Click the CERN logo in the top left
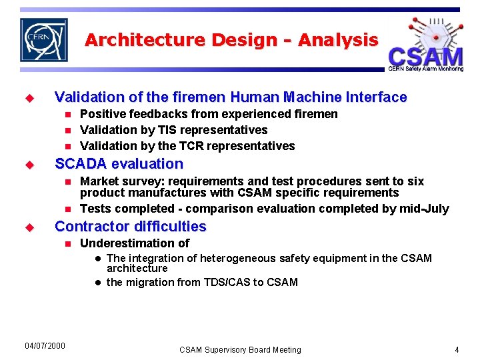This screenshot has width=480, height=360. point(43,40)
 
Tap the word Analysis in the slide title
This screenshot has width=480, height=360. point(338,40)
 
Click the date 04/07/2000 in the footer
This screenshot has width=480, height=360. point(45,345)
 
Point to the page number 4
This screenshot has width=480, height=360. point(457,349)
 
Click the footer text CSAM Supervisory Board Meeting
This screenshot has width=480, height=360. point(240,349)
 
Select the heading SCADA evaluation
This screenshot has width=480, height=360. point(119,164)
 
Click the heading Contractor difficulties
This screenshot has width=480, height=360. point(131,227)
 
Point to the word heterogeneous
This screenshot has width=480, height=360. point(237,258)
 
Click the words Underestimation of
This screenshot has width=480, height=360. point(135,243)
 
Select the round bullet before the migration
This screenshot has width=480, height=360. point(97,283)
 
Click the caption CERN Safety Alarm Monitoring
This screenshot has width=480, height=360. point(425,69)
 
